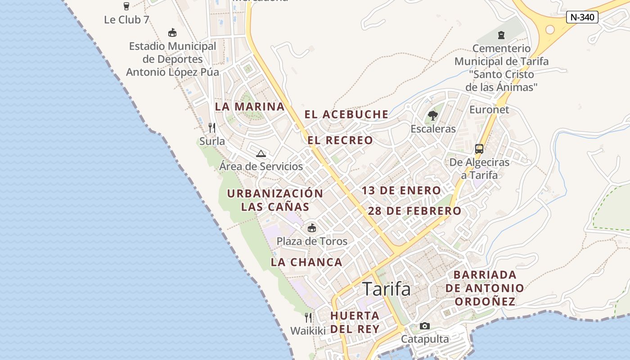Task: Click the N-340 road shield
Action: click(582, 18)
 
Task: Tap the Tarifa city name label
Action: click(387, 289)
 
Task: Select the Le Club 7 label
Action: click(126, 20)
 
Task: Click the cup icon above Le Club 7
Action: click(126, 6)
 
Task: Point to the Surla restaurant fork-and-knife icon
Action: click(212, 128)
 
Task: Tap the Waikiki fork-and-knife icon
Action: click(308, 318)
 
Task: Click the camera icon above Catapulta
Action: click(424, 326)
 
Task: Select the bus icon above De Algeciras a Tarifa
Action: click(479, 149)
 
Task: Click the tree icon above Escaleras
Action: click(433, 116)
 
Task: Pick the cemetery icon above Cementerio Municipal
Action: click(501, 35)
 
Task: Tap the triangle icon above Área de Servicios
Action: click(261, 153)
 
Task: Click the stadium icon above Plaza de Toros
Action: click(312, 228)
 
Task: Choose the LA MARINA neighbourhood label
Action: click(250, 107)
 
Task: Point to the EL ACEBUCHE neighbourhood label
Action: click(346, 114)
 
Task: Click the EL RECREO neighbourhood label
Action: click(341, 140)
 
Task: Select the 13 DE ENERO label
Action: click(401, 190)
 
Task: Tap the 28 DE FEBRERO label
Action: click(414, 211)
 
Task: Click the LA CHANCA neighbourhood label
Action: click(306, 262)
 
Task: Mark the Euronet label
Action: click(489, 109)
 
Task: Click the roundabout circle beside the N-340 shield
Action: click(550, 30)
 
